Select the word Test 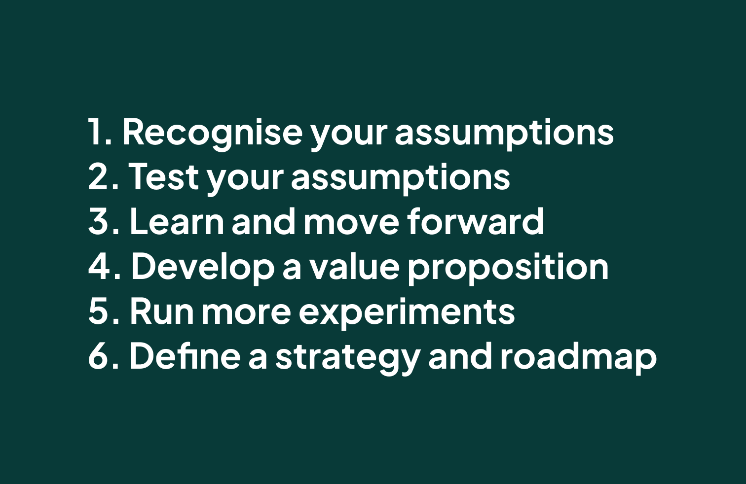coord(163,176)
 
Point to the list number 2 coord(103,176)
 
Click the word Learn coord(177,221)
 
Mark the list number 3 coord(103,221)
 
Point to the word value coord(355,266)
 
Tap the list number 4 coord(104,266)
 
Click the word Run coord(162,311)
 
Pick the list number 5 coord(103,311)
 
